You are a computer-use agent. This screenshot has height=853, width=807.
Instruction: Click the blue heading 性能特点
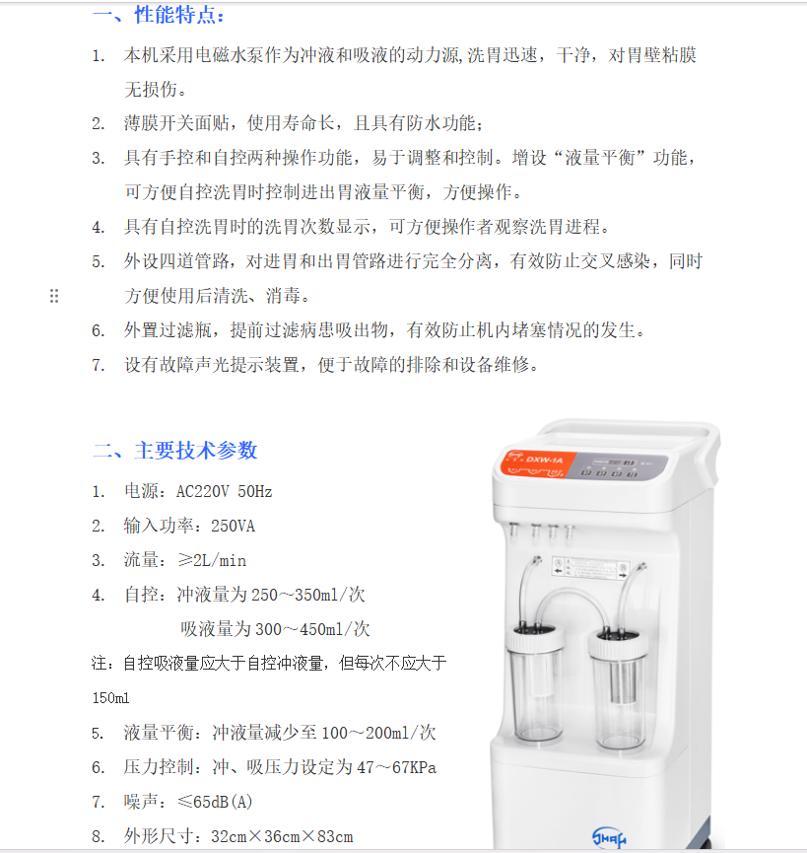click(x=175, y=15)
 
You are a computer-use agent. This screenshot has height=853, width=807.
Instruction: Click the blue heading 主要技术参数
click(x=196, y=451)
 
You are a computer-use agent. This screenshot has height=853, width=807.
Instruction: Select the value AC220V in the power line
click(x=202, y=492)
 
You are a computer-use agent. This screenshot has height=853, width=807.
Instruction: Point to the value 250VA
click(x=233, y=526)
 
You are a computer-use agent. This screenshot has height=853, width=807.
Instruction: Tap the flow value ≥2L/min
click(x=212, y=560)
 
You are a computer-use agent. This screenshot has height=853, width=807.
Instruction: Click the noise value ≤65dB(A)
click(x=215, y=802)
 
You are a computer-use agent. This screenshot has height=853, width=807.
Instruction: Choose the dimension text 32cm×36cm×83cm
click(x=282, y=836)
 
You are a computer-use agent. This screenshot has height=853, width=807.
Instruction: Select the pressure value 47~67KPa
click(x=397, y=767)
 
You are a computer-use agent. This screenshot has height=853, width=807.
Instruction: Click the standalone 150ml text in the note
click(x=111, y=698)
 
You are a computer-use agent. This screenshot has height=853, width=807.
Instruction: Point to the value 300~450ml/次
click(x=312, y=629)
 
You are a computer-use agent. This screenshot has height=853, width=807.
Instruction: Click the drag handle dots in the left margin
click(x=54, y=296)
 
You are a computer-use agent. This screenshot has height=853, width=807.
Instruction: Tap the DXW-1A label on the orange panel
click(x=544, y=460)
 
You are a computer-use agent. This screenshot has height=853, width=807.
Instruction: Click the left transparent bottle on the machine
click(x=534, y=684)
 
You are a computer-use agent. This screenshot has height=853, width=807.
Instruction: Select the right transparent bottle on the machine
click(x=618, y=690)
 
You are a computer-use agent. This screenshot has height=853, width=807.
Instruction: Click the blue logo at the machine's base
click(x=609, y=836)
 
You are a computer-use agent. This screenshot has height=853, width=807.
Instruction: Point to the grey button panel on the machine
click(x=617, y=466)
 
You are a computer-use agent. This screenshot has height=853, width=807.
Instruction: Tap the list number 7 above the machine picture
click(x=98, y=365)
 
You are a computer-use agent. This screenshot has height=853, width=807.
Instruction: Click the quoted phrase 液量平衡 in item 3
click(x=600, y=158)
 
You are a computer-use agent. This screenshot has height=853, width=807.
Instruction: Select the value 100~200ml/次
click(x=378, y=733)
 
